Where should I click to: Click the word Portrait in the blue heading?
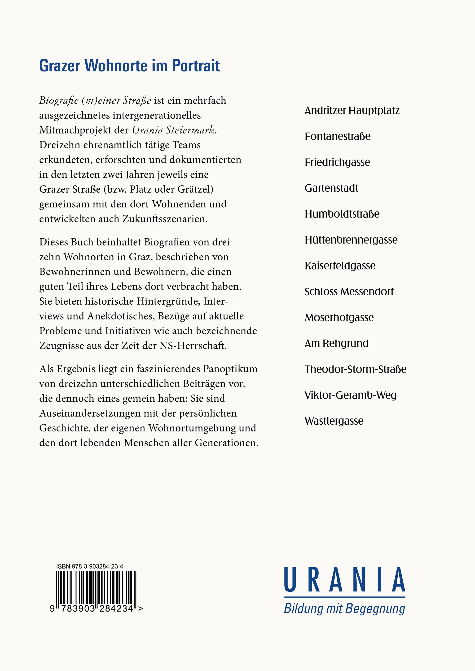point(196,66)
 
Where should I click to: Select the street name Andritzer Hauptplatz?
point(352,111)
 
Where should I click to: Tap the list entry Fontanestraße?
point(338,136)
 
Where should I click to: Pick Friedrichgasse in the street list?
point(337,162)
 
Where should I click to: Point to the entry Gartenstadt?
point(331,188)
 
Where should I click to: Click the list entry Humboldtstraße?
point(342,214)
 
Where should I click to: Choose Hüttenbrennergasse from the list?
point(351,240)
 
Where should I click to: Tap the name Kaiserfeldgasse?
point(340,266)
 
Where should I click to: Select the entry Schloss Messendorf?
point(349,292)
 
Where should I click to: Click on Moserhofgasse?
point(339,317)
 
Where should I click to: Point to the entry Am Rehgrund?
point(336,343)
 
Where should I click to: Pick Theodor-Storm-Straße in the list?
point(355,369)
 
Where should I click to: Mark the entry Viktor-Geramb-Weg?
point(350,395)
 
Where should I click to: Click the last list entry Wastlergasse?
point(334,421)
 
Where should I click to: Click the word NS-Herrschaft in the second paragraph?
point(193,346)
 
